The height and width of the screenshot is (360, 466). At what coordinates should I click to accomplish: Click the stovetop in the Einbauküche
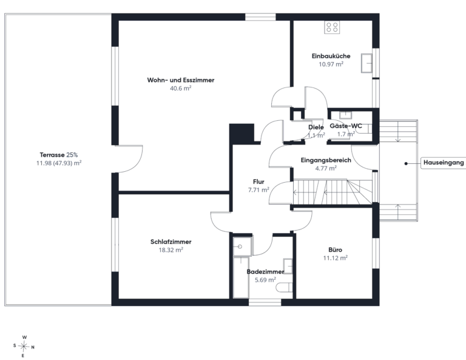tap(332, 27)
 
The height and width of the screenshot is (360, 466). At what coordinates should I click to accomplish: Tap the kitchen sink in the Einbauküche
tap(366, 63)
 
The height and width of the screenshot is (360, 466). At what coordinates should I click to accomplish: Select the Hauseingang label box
tap(444, 163)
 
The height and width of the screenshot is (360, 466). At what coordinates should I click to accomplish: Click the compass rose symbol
tap(24, 346)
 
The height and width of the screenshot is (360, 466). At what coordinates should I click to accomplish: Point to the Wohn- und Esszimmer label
tap(181, 80)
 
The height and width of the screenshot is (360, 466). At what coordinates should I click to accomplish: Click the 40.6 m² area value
tap(181, 88)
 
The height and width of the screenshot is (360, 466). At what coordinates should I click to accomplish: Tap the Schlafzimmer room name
tap(171, 242)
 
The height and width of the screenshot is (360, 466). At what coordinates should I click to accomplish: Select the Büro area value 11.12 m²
tap(335, 258)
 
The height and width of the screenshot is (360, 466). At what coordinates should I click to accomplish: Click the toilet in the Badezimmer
tap(285, 288)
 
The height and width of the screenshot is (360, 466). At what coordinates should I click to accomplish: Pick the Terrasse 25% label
tap(59, 155)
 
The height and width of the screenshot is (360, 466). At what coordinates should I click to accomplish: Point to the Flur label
tap(258, 182)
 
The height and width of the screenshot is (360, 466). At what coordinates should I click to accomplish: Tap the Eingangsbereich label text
tap(326, 160)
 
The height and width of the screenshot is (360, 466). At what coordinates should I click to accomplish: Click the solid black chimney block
tap(241, 134)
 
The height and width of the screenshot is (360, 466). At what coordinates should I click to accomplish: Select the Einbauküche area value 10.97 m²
tap(331, 64)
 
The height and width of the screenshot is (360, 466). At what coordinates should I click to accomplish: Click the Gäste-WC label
tap(346, 126)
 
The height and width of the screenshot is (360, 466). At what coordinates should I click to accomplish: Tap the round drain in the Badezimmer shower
tap(240, 246)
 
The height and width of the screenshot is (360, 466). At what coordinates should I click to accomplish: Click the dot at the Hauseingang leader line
tap(406, 163)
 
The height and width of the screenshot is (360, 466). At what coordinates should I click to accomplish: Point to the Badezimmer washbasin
tap(288, 266)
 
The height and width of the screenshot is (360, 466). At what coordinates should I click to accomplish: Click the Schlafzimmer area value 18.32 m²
tap(171, 250)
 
